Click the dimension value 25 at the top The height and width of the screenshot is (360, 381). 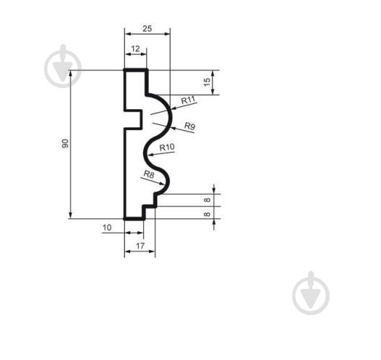point(147,29)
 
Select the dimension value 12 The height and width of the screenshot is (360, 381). point(135,49)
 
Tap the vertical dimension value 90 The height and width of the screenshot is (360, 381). point(65,144)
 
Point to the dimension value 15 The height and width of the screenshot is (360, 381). point(207,82)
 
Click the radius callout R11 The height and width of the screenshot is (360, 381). point(188,100)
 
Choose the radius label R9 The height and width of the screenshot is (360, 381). point(189,126)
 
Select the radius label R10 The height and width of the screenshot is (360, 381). point(167,147)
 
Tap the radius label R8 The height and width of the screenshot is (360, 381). point(149,174)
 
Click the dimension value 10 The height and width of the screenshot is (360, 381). point(107,228)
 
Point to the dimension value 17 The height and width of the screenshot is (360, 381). point(140,246)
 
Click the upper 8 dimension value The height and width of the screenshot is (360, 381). point(207,200)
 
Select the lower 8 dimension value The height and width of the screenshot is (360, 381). point(207,214)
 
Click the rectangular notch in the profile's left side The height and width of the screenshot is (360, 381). point(133,119)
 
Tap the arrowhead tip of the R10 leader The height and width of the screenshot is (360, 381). point(148,155)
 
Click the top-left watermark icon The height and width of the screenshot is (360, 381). point(63,67)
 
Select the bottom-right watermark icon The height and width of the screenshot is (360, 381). point(311,293)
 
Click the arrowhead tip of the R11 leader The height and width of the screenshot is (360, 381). point(171,109)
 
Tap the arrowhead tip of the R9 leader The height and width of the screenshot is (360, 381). point(171,127)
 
